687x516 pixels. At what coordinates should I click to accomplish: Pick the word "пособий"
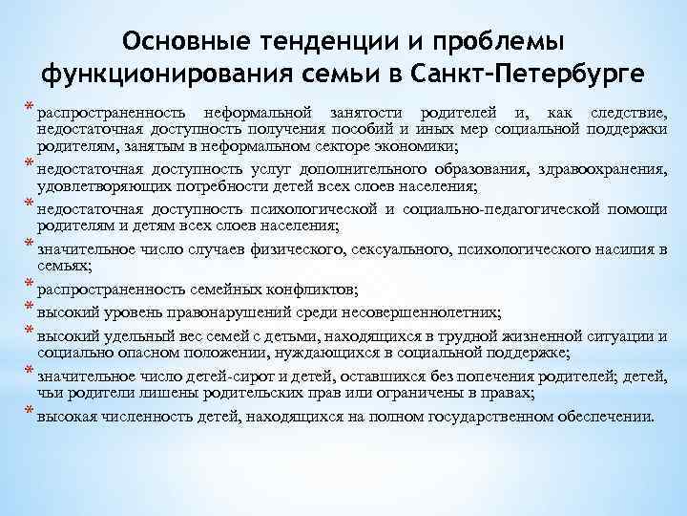click(x=364, y=130)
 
